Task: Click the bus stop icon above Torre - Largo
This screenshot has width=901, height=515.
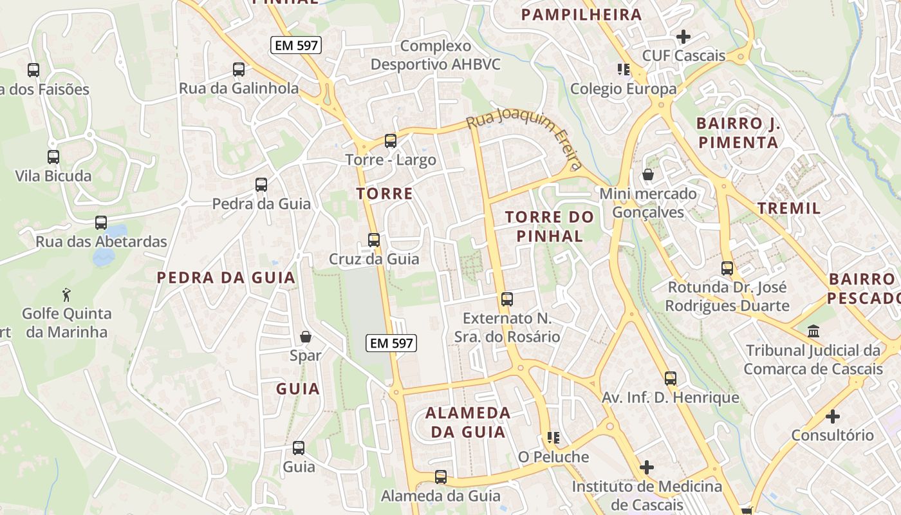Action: [x=390, y=141]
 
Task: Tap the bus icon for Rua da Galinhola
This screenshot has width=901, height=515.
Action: [x=239, y=70]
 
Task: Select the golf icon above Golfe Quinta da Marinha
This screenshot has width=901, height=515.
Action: [x=66, y=295]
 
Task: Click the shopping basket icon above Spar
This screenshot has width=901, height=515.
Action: [x=306, y=337]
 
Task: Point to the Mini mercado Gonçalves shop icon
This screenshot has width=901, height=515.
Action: [x=648, y=174]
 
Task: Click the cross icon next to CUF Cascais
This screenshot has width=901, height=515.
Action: [x=683, y=37]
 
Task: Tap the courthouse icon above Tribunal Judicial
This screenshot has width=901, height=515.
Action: [x=813, y=332]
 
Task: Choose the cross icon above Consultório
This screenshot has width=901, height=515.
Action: [x=833, y=417]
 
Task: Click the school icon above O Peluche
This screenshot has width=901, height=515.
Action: [x=553, y=438]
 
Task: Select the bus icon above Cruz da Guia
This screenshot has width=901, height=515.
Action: [x=374, y=240]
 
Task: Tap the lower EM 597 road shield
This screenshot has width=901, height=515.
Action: [x=391, y=343]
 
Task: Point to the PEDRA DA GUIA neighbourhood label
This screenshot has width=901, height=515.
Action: [x=227, y=278]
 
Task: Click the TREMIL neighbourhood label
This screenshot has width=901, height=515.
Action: [x=789, y=208]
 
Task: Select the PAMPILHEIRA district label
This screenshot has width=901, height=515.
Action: [x=581, y=15]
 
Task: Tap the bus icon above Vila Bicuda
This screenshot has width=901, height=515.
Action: [x=53, y=156]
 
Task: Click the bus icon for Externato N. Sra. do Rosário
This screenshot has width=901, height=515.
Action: [x=507, y=299]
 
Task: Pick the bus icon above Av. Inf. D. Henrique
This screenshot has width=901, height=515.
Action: [x=671, y=379]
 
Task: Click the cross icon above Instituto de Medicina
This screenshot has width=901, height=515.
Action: [x=647, y=467]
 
